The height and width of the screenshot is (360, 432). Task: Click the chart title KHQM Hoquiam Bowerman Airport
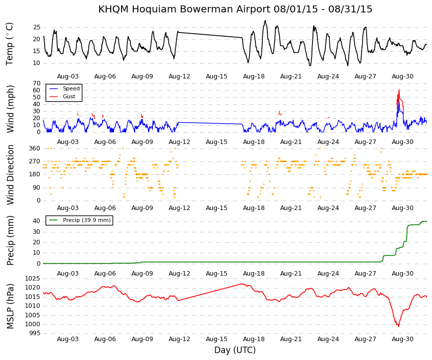coord(185,9)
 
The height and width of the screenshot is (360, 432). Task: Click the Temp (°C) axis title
coord(9,44)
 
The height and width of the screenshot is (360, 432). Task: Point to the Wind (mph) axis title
coord(10,109)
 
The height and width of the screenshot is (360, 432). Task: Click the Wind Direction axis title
coord(10,175)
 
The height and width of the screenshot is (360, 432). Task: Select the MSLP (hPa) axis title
coord(10,306)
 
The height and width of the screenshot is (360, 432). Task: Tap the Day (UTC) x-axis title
coord(235,350)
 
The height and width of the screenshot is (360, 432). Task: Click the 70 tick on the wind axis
coord(37,83)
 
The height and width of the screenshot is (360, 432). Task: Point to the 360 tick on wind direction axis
coord(35,148)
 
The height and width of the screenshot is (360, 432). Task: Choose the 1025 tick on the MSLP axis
coord(33,279)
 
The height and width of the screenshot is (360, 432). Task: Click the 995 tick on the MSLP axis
coord(35,333)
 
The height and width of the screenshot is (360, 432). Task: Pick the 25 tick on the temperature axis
coord(37,27)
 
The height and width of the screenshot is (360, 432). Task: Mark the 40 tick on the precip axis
coord(37,221)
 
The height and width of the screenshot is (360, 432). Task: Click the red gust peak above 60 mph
coord(399,90)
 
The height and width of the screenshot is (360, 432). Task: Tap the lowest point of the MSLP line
coord(398,326)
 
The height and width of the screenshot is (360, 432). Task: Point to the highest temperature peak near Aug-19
coord(265,20)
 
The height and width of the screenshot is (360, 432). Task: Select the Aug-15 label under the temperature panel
coord(217,76)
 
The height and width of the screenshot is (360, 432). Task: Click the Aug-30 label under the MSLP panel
coord(403,339)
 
